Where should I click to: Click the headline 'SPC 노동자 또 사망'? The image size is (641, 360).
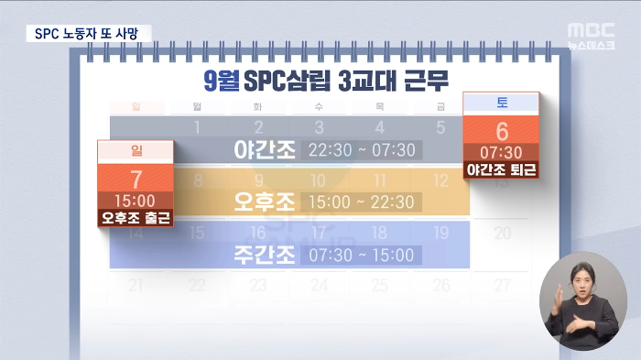[x=85, y=33]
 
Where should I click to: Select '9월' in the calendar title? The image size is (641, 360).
[x=217, y=81]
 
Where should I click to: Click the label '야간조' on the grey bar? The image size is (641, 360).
[x=265, y=149]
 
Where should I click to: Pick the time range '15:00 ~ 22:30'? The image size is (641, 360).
[x=364, y=202]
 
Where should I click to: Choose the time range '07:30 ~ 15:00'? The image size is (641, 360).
[x=363, y=255]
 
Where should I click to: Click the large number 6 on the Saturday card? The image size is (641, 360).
[x=502, y=131]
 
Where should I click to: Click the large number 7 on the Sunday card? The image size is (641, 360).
[x=136, y=179]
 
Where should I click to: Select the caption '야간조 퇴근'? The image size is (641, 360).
[x=502, y=169]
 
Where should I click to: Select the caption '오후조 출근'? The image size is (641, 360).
[x=136, y=218]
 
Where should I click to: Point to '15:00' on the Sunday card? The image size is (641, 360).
[x=136, y=200]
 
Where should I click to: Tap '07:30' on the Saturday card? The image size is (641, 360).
[x=502, y=152]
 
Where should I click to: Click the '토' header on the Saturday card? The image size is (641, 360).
[x=502, y=102]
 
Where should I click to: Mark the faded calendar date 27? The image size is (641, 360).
[x=503, y=285]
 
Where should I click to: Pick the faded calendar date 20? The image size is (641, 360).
[x=503, y=233]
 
